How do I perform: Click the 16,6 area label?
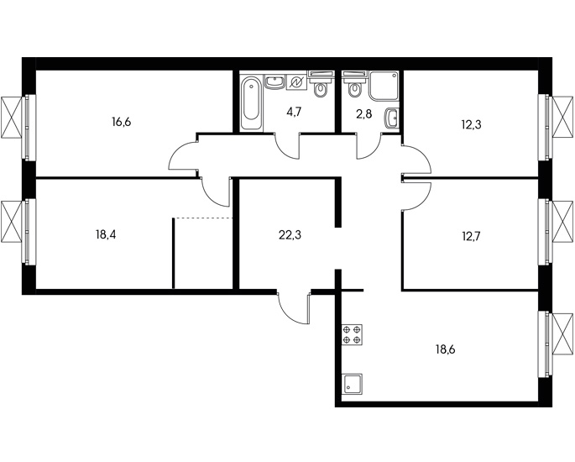tap(122, 122)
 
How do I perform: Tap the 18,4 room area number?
tap(106, 234)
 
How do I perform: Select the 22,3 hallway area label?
tap(290, 235)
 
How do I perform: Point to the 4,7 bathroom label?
tap(294, 112)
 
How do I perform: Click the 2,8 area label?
tap(364, 114)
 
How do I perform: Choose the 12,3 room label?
tap(471, 125)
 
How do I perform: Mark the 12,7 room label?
tap(471, 237)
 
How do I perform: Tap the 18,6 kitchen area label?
tap(445, 349)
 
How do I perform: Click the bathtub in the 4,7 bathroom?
tap(251, 102)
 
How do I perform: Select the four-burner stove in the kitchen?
tap(352, 334)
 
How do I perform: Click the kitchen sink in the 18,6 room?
tap(352, 384)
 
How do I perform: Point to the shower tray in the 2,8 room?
tap(384, 87)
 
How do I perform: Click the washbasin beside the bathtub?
tap(274, 82)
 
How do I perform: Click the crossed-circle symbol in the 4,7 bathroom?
tap(296, 82)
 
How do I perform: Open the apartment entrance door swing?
tap(294, 307)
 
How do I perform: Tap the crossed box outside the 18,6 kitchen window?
tap(562, 334)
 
